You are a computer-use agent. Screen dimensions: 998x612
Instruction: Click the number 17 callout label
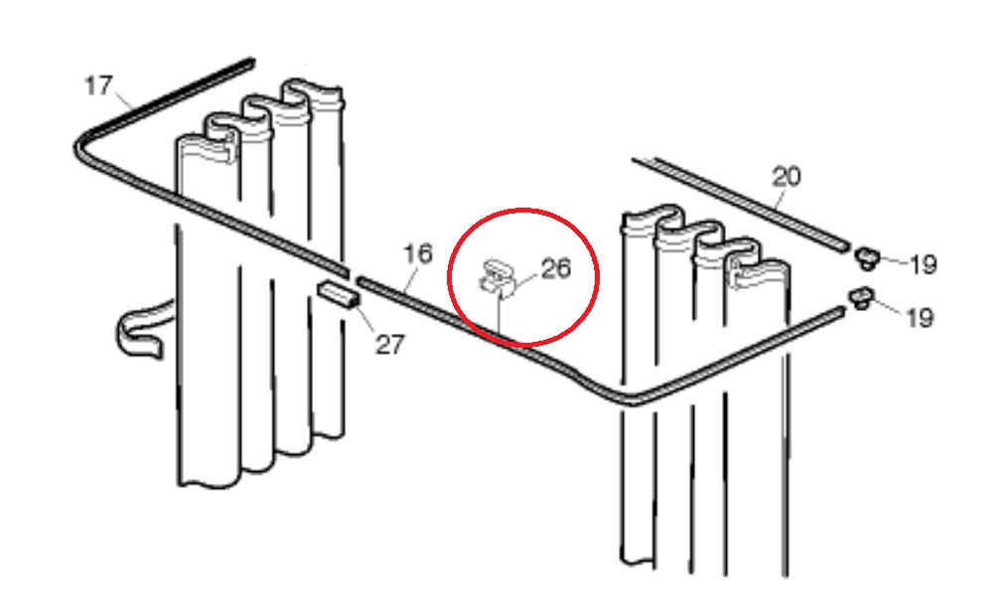[98, 85]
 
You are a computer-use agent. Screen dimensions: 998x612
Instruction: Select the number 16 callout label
[418, 254]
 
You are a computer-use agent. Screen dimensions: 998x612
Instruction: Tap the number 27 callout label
[390, 345]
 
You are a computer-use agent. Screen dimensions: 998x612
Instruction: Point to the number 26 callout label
[556, 268]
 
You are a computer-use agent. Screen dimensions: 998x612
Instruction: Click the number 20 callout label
[786, 176]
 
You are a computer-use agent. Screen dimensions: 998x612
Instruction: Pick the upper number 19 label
[923, 263]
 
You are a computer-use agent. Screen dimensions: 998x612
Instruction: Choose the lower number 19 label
[920, 317]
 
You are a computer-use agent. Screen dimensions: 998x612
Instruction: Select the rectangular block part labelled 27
[338, 295]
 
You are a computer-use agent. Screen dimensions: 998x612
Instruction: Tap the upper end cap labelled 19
[865, 257]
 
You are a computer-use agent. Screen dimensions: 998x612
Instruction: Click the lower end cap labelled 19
[861, 297]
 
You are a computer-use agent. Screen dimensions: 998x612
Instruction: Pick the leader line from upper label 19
[894, 260]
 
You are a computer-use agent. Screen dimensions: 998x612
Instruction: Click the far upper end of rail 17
[251, 62]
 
